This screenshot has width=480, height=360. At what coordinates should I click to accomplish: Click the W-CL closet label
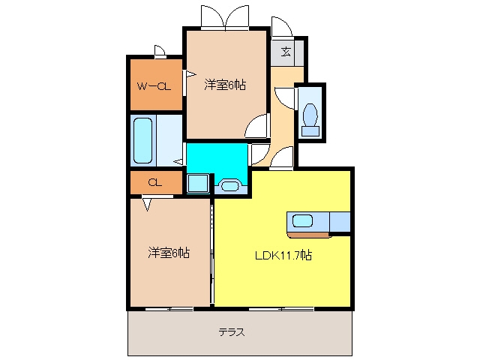(154, 87)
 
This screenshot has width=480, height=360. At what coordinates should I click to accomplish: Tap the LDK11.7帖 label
(283, 255)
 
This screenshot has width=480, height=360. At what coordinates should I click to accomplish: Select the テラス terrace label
(232, 332)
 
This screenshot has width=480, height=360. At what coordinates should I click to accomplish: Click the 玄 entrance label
(286, 52)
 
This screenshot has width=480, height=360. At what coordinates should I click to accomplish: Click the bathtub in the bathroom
(143, 140)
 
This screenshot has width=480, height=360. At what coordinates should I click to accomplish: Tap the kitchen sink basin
(302, 220)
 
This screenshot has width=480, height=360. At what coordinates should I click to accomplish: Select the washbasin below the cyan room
(229, 186)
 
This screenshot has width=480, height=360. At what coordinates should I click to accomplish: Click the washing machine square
(198, 183)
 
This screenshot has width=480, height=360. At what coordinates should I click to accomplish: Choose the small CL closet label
(155, 183)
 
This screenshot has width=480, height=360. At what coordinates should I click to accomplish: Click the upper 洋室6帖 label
(225, 85)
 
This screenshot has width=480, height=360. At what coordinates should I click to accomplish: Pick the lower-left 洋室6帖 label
(169, 253)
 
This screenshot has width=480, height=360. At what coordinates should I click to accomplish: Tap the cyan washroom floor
(217, 159)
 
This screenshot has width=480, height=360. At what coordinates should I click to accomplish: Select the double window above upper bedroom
(225, 18)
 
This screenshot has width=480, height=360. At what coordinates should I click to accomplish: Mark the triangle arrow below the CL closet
(147, 205)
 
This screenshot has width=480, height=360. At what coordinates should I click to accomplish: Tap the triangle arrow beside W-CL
(191, 74)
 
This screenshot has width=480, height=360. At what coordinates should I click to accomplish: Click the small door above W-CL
(160, 52)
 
